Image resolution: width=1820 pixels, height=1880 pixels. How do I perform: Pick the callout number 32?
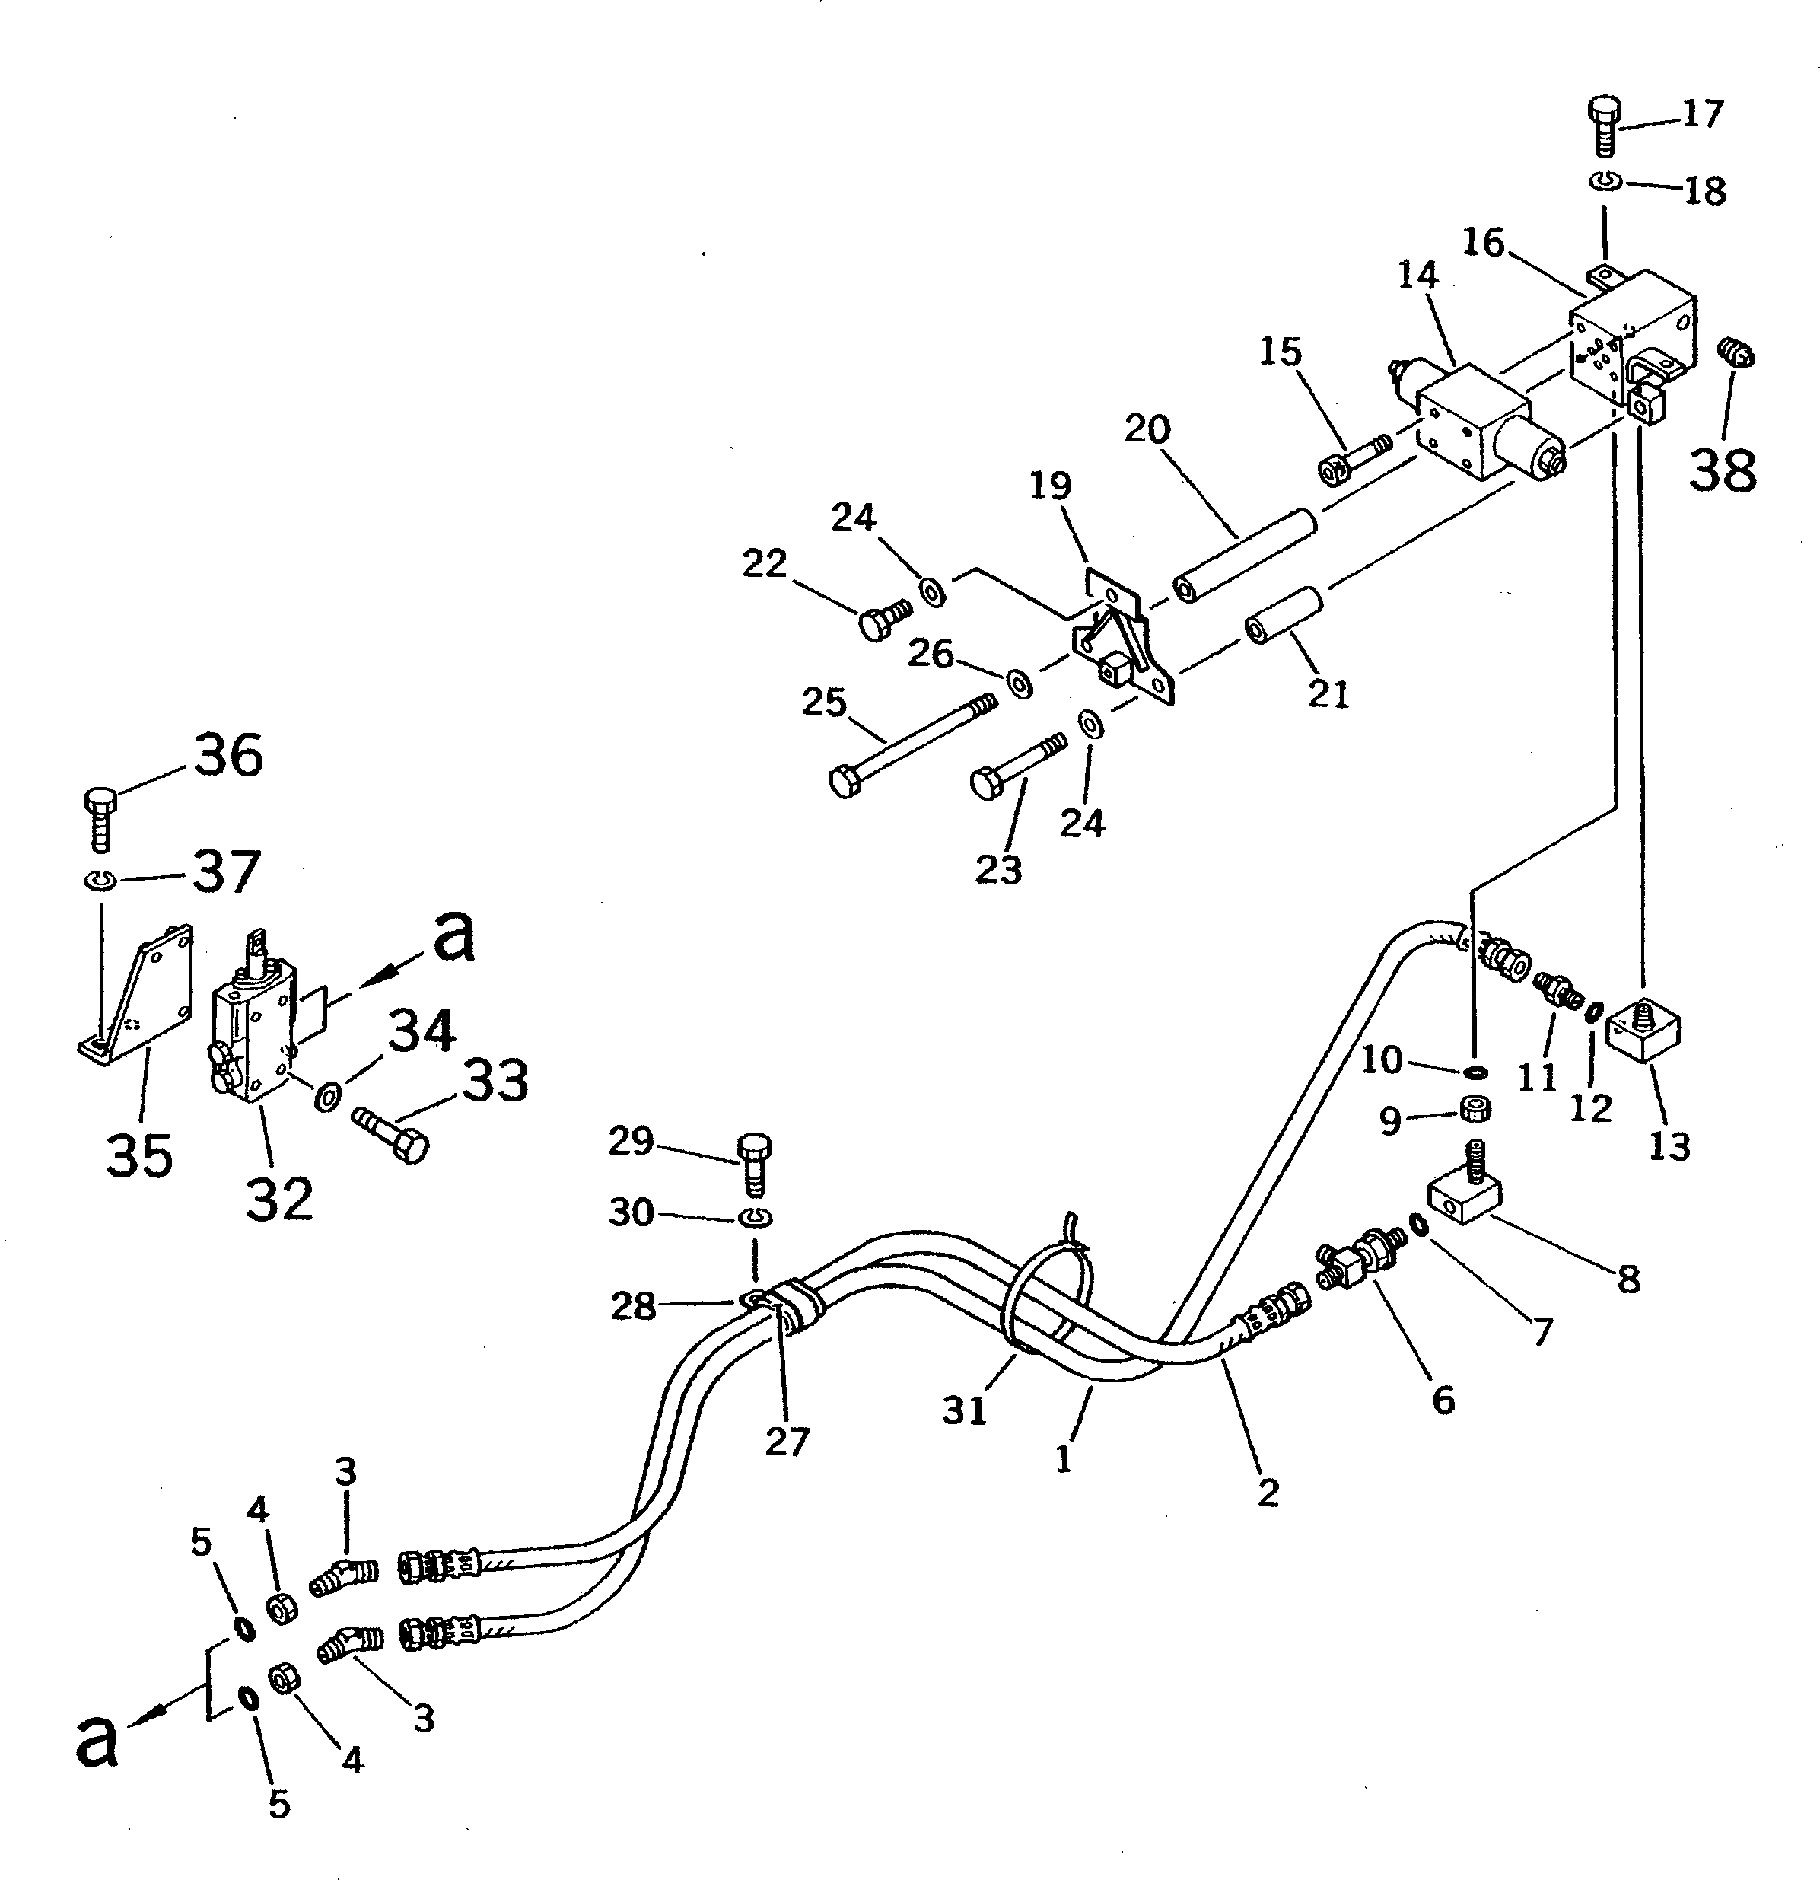(279, 1198)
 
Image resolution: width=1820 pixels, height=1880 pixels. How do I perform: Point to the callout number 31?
(964, 1409)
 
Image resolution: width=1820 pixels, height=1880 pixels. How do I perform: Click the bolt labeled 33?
(391, 1132)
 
